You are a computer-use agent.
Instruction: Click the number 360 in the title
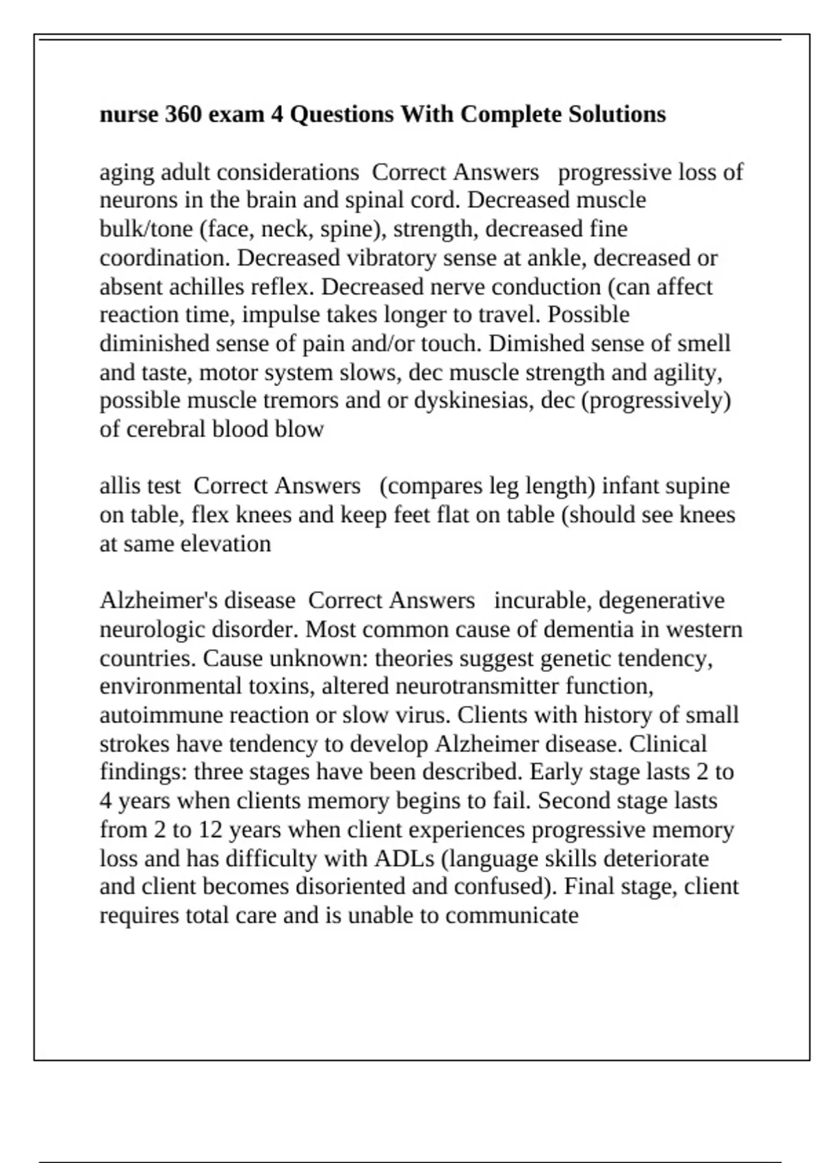tap(183, 114)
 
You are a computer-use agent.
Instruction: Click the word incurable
tap(543, 601)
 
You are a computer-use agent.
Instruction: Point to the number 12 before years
tap(210, 830)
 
